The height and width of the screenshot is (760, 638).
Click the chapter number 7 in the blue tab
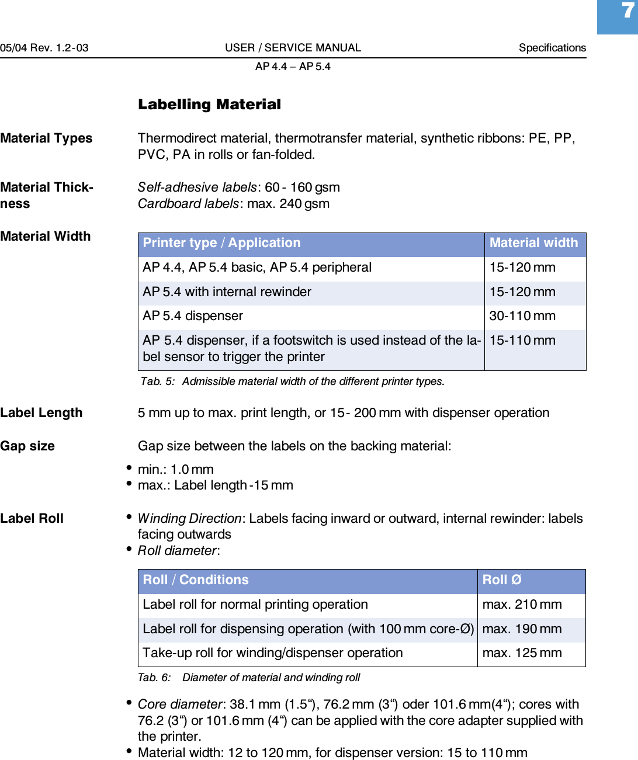(x=627, y=11)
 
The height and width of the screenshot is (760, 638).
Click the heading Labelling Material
(x=209, y=105)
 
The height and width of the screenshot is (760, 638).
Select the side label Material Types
(x=46, y=138)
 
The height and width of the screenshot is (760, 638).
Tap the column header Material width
(x=533, y=243)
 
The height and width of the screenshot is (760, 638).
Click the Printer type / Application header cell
(x=221, y=243)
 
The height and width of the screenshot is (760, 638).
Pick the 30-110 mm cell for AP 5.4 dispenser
(x=522, y=316)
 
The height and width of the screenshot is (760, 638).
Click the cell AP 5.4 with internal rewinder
(x=227, y=292)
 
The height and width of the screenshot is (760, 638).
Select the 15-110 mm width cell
(x=522, y=341)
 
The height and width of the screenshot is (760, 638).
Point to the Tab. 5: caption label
(x=158, y=381)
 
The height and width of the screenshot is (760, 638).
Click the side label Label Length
(x=41, y=413)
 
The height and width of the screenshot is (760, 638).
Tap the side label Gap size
(x=27, y=446)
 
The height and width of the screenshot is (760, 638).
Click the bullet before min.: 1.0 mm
(x=129, y=468)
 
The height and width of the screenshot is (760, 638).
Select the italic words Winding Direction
(x=189, y=519)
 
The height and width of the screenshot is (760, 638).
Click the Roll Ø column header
(x=502, y=580)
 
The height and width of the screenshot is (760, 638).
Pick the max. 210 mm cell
(x=522, y=605)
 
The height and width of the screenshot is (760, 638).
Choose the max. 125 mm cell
(x=522, y=653)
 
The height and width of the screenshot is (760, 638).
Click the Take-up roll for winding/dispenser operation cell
(x=273, y=653)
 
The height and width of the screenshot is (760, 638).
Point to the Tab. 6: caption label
(x=154, y=678)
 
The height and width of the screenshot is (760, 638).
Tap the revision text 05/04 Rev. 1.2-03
(x=44, y=48)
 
